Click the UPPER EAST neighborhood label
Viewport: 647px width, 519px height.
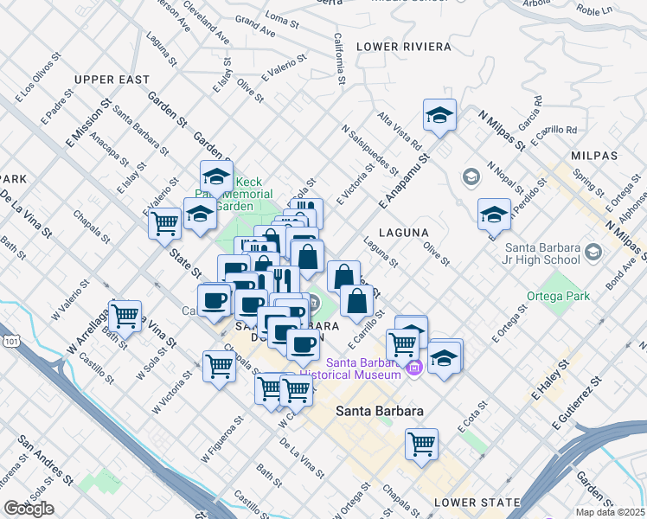(112, 80)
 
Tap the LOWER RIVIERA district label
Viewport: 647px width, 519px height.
(403, 46)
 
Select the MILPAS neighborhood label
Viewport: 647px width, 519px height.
(594, 155)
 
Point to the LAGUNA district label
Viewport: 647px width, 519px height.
(403, 233)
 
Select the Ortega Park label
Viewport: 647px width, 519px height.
(558, 296)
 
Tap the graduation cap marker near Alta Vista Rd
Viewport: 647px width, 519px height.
(439, 115)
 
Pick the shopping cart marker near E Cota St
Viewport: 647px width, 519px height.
(421, 445)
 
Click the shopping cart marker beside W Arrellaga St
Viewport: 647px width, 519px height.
(125, 315)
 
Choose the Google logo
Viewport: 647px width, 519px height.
(29, 509)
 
